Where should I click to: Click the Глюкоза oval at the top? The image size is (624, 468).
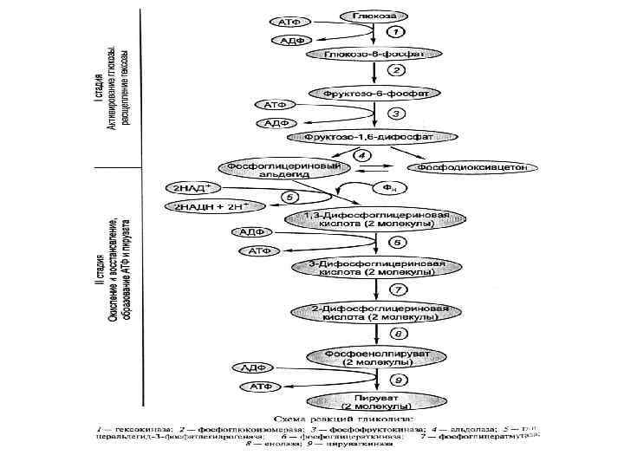coord(374,16)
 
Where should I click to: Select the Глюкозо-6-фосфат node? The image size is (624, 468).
coord(374,54)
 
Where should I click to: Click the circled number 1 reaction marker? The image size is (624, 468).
coord(392,32)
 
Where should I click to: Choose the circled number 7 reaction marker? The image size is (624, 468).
coord(397,289)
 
